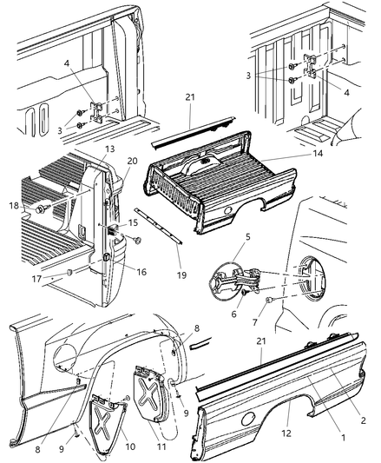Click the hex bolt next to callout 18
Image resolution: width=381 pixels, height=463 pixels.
coord(41,209)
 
